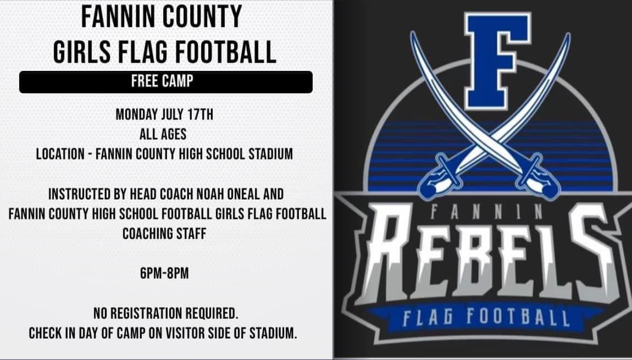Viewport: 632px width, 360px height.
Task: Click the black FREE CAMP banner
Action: coord(165,82)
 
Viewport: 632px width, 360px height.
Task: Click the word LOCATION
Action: coord(59,153)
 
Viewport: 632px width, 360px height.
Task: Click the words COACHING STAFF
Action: coord(164,233)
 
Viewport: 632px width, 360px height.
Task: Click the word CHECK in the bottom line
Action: coord(46,333)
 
